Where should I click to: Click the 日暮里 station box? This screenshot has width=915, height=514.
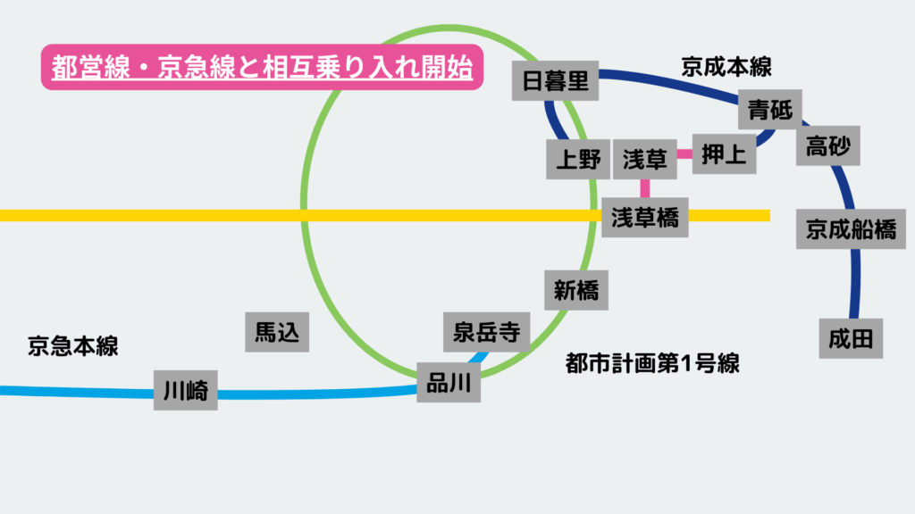click(x=555, y=82)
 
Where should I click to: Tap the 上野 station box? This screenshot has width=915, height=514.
click(x=578, y=160)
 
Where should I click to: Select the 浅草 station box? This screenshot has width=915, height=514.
click(x=645, y=160)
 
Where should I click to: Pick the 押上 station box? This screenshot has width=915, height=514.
click(x=724, y=154)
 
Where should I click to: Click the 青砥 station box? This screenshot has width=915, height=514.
click(x=770, y=111)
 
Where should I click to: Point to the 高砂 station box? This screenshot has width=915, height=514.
click(x=828, y=145)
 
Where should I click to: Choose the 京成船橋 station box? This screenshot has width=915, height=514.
click(x=851, y=229)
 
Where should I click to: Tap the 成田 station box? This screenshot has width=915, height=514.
click(x=851, y=338)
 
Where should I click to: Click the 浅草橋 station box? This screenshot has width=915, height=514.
click(x=644, y=217)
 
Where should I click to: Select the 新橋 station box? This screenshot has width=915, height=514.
click(x=575, y=290)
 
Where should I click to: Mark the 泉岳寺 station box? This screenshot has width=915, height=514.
click(x=487, y=333)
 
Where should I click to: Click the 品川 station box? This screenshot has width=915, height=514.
click(x=449, y=383)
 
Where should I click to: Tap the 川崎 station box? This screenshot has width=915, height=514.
click(x=186, y=390)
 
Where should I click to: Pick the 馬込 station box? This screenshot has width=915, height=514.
click(x=278, y=332)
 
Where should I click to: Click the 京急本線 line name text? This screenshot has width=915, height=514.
click(x=73, y=346)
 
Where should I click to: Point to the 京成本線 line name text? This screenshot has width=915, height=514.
click(x=726, y=67)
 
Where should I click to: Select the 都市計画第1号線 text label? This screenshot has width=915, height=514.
click(x=653, y=363)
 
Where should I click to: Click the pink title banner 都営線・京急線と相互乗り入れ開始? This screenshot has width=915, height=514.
click(x=262, y=69)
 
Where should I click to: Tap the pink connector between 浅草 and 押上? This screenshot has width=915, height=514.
click(x=684, y=154)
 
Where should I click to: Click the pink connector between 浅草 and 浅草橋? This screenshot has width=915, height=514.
click(x=644, y=187)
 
